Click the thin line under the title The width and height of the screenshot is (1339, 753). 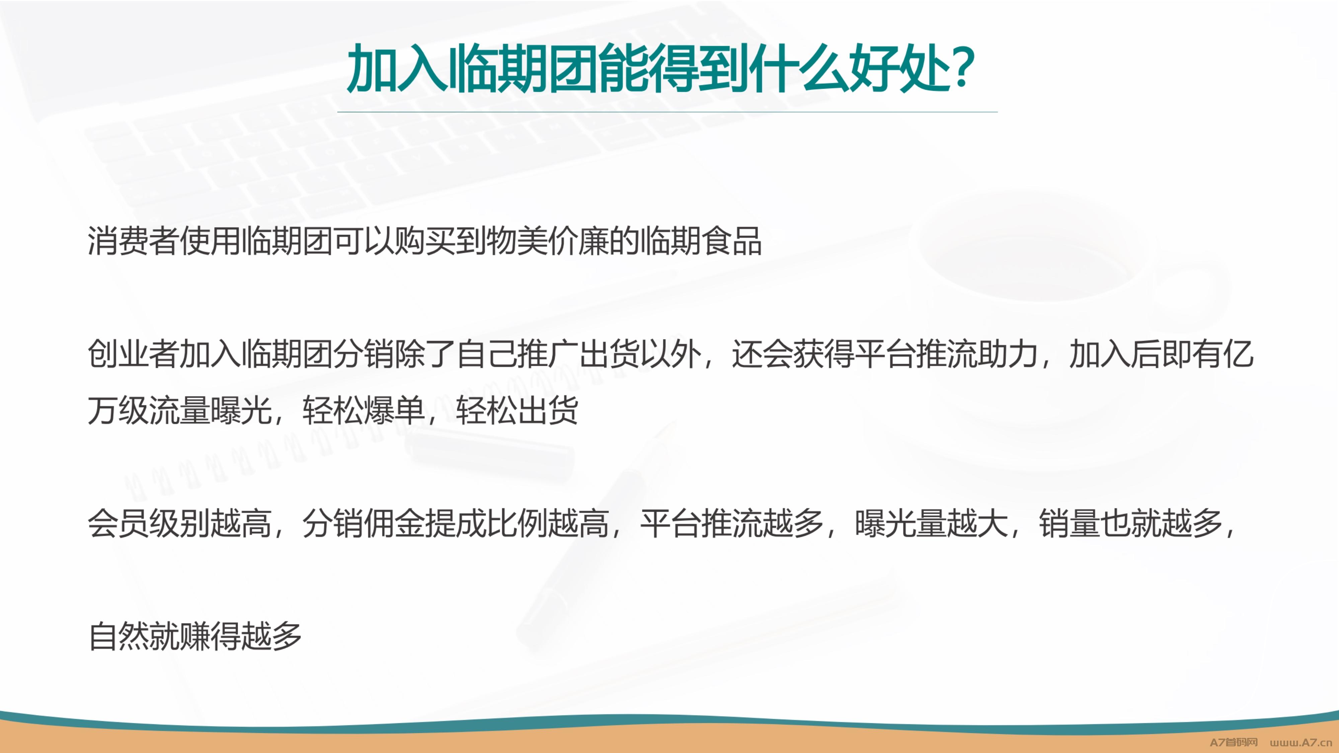[667, 112]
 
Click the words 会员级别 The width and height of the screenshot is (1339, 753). [149, 523]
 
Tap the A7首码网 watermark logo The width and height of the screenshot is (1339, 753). [1234, 742]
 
